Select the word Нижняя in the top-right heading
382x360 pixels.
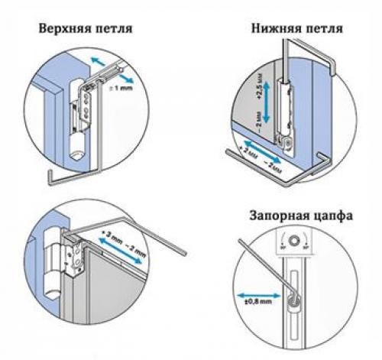pyautogui.click(x=275, y=29)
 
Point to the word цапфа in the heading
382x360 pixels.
pyautogui.click(x=331, y=216)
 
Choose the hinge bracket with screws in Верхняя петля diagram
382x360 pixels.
pyautogui.click(x=83, y=99)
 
